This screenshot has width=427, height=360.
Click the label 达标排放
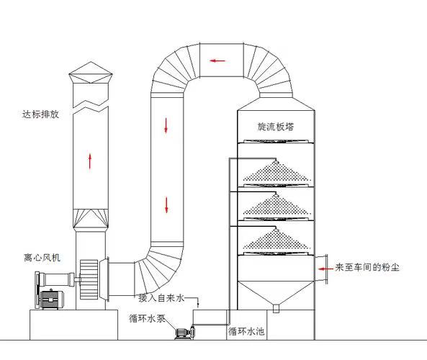point(40,114)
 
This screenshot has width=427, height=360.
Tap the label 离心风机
point(42,258)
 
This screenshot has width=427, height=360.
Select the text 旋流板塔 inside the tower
point(276,127)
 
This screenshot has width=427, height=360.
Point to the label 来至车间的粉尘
point(367,267)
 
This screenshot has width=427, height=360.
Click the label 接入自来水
point(161,297)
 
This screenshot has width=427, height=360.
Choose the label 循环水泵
point(147,318)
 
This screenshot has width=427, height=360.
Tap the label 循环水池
point(246,331)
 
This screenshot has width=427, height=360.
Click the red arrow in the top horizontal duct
point(217,60)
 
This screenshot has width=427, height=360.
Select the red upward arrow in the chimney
point(90,161)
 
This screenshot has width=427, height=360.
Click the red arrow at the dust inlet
point(325,269)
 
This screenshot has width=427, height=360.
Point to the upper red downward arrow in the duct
point(166,125)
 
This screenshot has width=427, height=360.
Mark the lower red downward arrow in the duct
point(166,205)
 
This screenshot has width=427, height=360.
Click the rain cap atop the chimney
point(91,73)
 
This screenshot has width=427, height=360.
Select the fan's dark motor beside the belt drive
point(52,300)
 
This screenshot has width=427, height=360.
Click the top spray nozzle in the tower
point(276,162)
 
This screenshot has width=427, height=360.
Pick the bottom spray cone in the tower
point(277,240)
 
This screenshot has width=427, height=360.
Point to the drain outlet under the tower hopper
point(276,308)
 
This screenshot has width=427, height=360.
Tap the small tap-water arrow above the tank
point(198,304)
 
